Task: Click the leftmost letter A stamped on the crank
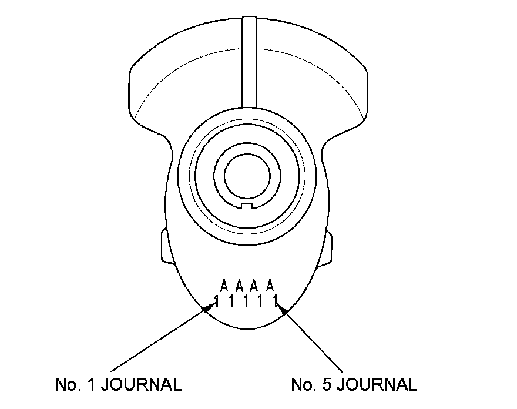pos(224,286)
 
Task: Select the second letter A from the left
pos(239,286)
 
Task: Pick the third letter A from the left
pos(254,286)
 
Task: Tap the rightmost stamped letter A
pos(270,286)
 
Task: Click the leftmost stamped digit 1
pos(217,302)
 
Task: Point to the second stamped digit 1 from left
pos(231,302)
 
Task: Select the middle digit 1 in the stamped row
pos(246,302)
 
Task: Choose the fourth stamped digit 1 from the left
pos(261,302)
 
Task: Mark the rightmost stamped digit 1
pos(275,302)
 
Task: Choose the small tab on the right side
pos(328,247)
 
